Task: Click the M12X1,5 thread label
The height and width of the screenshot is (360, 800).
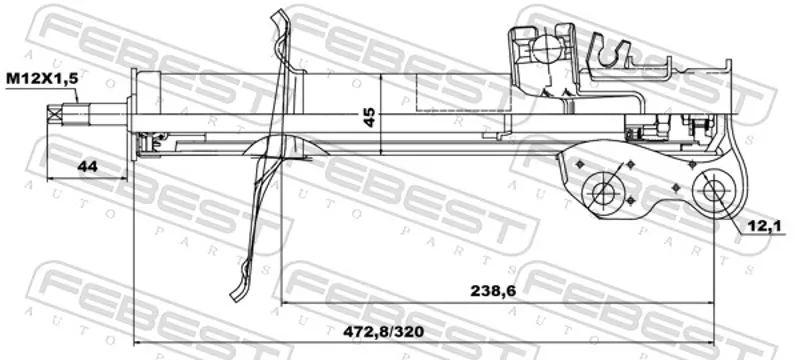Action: click(43, 79)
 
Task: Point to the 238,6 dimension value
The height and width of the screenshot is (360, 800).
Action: click(493, 291)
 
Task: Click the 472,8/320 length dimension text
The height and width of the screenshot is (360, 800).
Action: click(383, 331)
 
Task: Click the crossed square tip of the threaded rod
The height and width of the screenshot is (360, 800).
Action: click(55, 115)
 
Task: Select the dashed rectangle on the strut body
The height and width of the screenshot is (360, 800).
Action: click(463, 92)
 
